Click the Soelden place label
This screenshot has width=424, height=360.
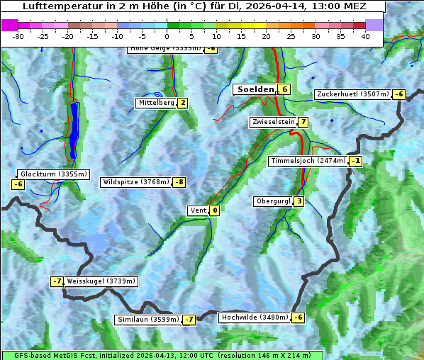tap(255, 89)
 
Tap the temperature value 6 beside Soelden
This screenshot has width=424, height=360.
tap(284, 89)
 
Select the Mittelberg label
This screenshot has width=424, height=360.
tap(156, 103)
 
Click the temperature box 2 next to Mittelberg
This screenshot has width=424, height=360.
tap(183, 103)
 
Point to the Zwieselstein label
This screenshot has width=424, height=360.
tap(273, 122)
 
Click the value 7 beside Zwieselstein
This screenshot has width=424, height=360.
tap(303, 122)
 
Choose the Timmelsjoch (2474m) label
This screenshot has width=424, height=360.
tap(308, 161)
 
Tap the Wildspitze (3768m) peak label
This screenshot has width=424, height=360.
tap(136, 182)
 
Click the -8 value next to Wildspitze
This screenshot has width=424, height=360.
tap(179, 182)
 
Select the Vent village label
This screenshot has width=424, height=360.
tap(198, 210)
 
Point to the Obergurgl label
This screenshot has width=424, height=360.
tap(273, 201)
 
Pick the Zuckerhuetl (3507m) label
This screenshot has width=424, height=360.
tap(353, 94)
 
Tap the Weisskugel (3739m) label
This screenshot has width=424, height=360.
tap(101, 281)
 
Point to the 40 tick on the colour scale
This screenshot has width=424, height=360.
tap(365, 35)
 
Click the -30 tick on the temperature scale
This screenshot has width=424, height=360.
tap(18, 35)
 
